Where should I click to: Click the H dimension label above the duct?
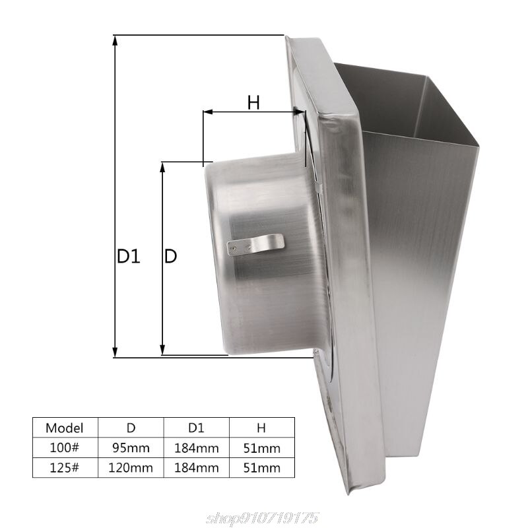(253, 102)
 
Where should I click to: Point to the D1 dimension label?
(129, 256)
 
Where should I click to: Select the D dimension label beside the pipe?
(170, 256)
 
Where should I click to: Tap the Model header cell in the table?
(65, 427)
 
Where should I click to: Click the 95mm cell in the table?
(131, 447)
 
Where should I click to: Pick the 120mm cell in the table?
(131, 468)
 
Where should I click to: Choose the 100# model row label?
(65, 447)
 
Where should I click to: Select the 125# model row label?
(65, 468)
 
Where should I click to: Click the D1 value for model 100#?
(196, 447)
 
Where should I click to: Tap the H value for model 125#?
(261, 468)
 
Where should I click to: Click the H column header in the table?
(261, 427)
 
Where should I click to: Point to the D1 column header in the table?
(196, 427)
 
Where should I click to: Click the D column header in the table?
(131, 427)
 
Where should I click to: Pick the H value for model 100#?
(261, 447)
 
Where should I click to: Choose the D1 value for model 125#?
(196, 468)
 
